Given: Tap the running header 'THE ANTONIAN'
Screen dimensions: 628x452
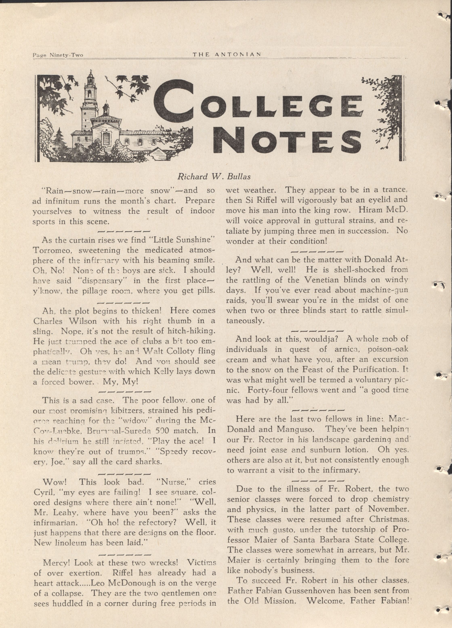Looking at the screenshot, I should click(x=227, y=54).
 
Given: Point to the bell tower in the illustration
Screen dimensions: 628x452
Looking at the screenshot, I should click(x=90, y=94).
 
